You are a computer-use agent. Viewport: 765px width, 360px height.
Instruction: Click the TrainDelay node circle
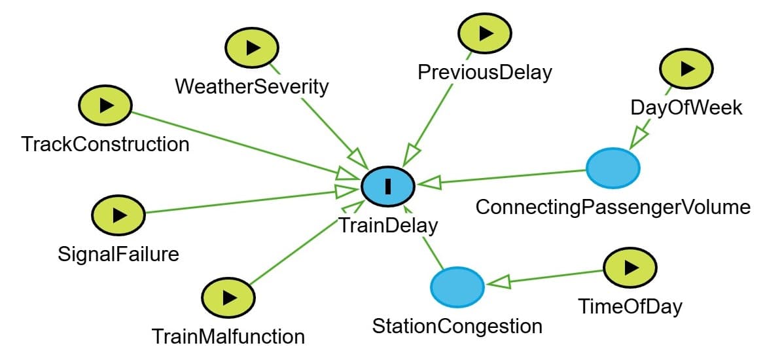pos(388,186)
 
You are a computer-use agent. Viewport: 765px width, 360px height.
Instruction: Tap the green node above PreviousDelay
pos(485,32)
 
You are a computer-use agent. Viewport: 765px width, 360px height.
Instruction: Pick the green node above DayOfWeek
pos(686,68)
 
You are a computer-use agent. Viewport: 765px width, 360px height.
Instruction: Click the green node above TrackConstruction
pos(105,105)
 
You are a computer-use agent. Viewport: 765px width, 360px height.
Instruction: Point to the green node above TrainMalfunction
pos(228,298)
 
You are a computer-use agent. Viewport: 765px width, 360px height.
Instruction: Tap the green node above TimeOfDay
pos(630,267)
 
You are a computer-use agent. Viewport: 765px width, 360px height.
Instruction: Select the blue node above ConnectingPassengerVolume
pos(613,168)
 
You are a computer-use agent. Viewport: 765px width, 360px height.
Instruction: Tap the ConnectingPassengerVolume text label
pos(613,207)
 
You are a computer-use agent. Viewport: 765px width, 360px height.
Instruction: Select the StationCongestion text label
pos(457,325)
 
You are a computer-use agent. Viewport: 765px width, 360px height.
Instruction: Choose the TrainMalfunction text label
pos(228,336)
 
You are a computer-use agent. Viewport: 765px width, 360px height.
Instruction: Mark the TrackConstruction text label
pos(105,143)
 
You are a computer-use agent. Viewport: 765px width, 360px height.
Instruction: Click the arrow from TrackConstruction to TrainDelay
pos(236,143)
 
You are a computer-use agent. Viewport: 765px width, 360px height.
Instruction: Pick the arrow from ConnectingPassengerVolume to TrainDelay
pos(504,177)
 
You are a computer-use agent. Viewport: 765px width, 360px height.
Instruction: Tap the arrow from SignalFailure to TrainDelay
pos(242,202)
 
